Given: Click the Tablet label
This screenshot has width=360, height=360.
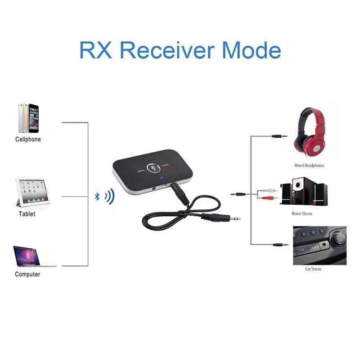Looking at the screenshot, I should [27, 214].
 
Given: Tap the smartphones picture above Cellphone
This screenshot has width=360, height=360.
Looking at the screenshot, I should [28, 118].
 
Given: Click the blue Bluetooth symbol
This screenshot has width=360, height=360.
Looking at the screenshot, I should [97, 196].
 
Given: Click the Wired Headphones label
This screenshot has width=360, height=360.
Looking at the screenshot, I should [309, 166].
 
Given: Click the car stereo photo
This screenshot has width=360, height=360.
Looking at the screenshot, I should [319, 246].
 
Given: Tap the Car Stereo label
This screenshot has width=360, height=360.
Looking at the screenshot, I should [314, 269].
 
